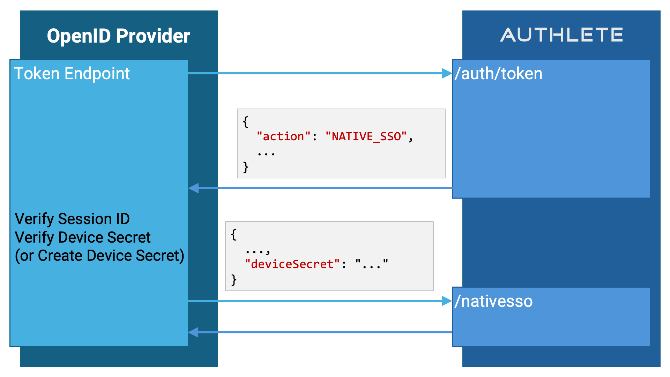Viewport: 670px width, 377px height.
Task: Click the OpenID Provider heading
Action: pyautogui.click(x=119, y=36)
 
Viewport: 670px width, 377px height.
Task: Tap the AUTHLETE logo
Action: pyautogui.click(x=561, y=35)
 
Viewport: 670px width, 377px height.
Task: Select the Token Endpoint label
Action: pyautogui.click(x=72, y=74)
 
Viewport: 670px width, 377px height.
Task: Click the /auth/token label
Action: pyautogui.click(x=498, y=74)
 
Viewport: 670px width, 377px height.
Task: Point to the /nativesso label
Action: pyautogui.click(x=493, y=301)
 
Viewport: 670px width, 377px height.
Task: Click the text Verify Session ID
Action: pyautogui.click(x=72, y=219)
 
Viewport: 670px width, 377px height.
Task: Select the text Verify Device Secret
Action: pyautogui.click(x=83, y=237)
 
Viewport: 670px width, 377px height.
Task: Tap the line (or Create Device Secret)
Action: pyautogui.click(x=99, y=256)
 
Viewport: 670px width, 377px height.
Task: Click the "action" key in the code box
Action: pyautogui.click(x=283, y=136)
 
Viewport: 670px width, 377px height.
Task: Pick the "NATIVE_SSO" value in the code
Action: pyautogui.click(x=366, y=136)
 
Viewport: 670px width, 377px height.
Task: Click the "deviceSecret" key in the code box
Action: pyautogui.click(x=292, y=264)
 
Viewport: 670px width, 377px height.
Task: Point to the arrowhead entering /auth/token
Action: pyautogui.click(x=447, y=73)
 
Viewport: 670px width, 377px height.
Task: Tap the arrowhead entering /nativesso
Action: pyautogui.click(x=447, y=301)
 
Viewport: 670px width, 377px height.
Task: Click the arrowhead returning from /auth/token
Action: pyautogui.click(x=193, y=188)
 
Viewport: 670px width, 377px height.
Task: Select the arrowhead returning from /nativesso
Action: pyautogui.click(x=193, y=332)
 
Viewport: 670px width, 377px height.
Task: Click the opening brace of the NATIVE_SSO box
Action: pyautogui.click(x=246, y=122)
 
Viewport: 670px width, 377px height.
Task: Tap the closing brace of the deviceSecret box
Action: pyautogui.click(x=234, y=280)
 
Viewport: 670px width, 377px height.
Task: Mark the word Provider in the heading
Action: pyautogui.click(x=153, y=36)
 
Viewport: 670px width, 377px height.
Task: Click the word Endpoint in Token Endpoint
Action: pyautogui.click(x=97, y=74)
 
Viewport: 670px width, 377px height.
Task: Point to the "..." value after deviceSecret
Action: pyautogui.click(x=372, y=264)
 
